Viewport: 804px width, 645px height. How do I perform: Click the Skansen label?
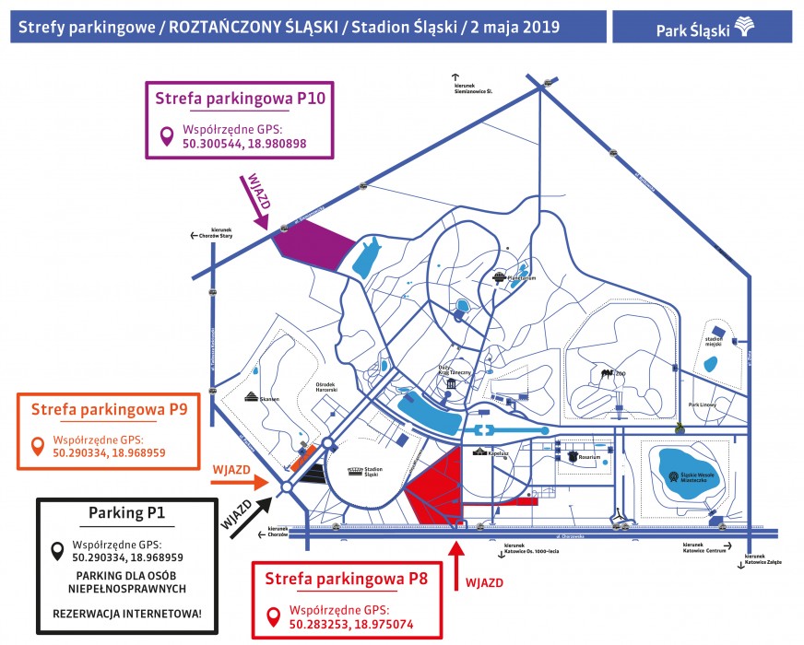point(256,400)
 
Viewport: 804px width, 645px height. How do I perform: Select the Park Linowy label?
point(703,405)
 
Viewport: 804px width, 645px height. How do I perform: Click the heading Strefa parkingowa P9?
point(110,408)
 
